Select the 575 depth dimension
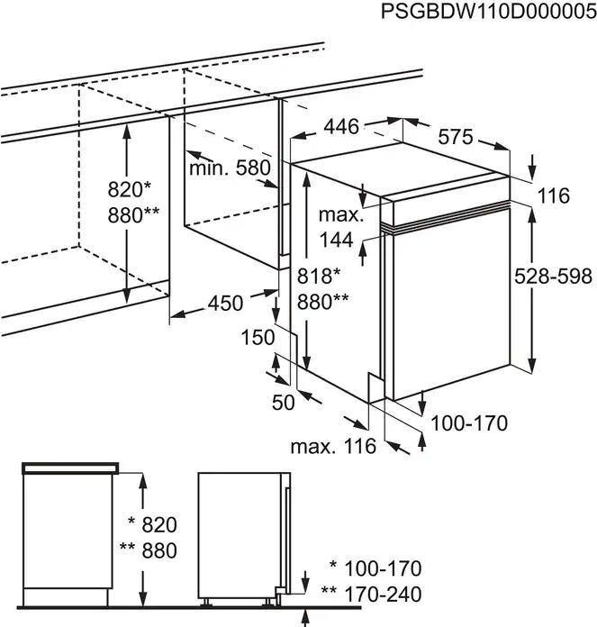(x=456, y=138)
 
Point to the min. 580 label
(x=230, y=168)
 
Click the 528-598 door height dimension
(x=554, y=277)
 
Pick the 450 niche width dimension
(x=225, y=304)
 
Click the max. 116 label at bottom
(x=333, y=446)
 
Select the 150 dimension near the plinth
(x=258, y=337)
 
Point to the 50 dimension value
(x=283, y=403)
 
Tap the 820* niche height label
(x=130, y=190)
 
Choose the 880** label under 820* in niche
(x=133, y=215)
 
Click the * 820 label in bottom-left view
(x=152, y=525)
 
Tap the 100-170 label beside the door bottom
(x=468, y=423)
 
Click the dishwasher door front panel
(x=450, y=306)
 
